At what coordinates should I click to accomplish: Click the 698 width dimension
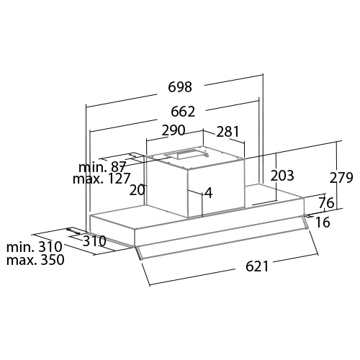coord(180,87)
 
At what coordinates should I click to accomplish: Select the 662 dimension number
coord(183,112)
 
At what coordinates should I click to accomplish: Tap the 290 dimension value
coord(174,130)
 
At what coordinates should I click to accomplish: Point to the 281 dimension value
coord(228,132)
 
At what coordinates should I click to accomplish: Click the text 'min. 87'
coord(102,166)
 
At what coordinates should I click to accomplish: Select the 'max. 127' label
coord(102,179)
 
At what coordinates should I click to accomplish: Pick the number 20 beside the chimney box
coord(138,190)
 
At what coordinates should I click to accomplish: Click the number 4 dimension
coord(209,193)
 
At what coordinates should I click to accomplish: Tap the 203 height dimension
coord(282,176)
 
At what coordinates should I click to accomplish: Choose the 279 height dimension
coord(341,178)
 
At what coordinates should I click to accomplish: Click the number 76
coord(326,203)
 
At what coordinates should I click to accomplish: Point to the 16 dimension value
coord(323,222)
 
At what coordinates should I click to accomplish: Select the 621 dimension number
coord(257,266)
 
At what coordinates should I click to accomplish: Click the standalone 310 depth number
coord(94,241)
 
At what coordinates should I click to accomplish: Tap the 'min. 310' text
coord(35,246)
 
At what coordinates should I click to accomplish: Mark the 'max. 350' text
coord(35,260)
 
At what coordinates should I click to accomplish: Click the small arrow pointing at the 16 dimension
coord(309,216)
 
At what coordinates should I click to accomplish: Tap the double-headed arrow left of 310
coord(73,231)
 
